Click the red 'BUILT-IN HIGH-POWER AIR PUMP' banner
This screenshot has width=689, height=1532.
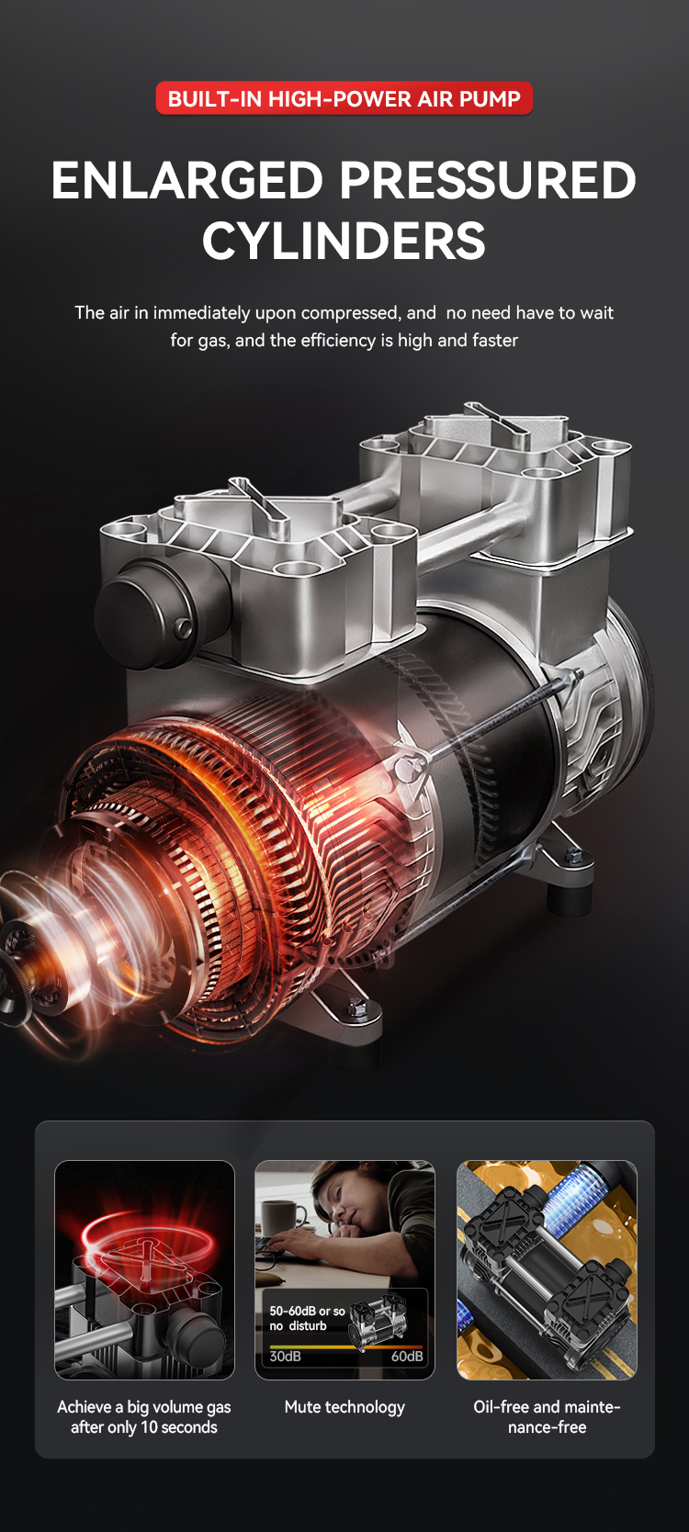click(x=344, y=98)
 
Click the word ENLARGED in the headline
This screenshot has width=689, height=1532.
click(x=187, y=181)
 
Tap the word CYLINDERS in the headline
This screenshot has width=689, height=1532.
click(x=344, y=241)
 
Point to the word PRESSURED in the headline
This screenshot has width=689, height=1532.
click(x=489, y=181)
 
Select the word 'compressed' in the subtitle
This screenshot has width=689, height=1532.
click(x=349, y=313)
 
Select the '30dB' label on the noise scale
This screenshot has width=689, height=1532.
click(x=286, y=1357)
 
